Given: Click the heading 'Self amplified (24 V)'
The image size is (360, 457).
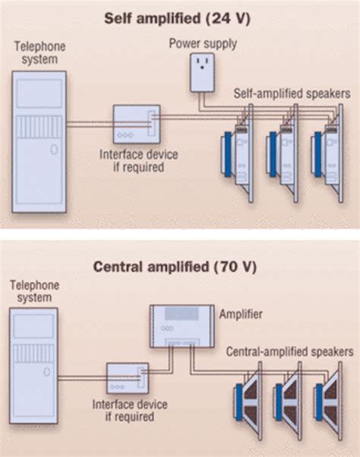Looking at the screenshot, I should click(x=179, y=16).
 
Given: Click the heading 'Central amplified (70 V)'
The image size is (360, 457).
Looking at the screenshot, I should click(x=179, y=266).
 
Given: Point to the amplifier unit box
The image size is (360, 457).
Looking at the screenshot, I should click(x=182, y=323).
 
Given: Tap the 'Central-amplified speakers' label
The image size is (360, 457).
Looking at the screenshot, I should click(x=289, y=351).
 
